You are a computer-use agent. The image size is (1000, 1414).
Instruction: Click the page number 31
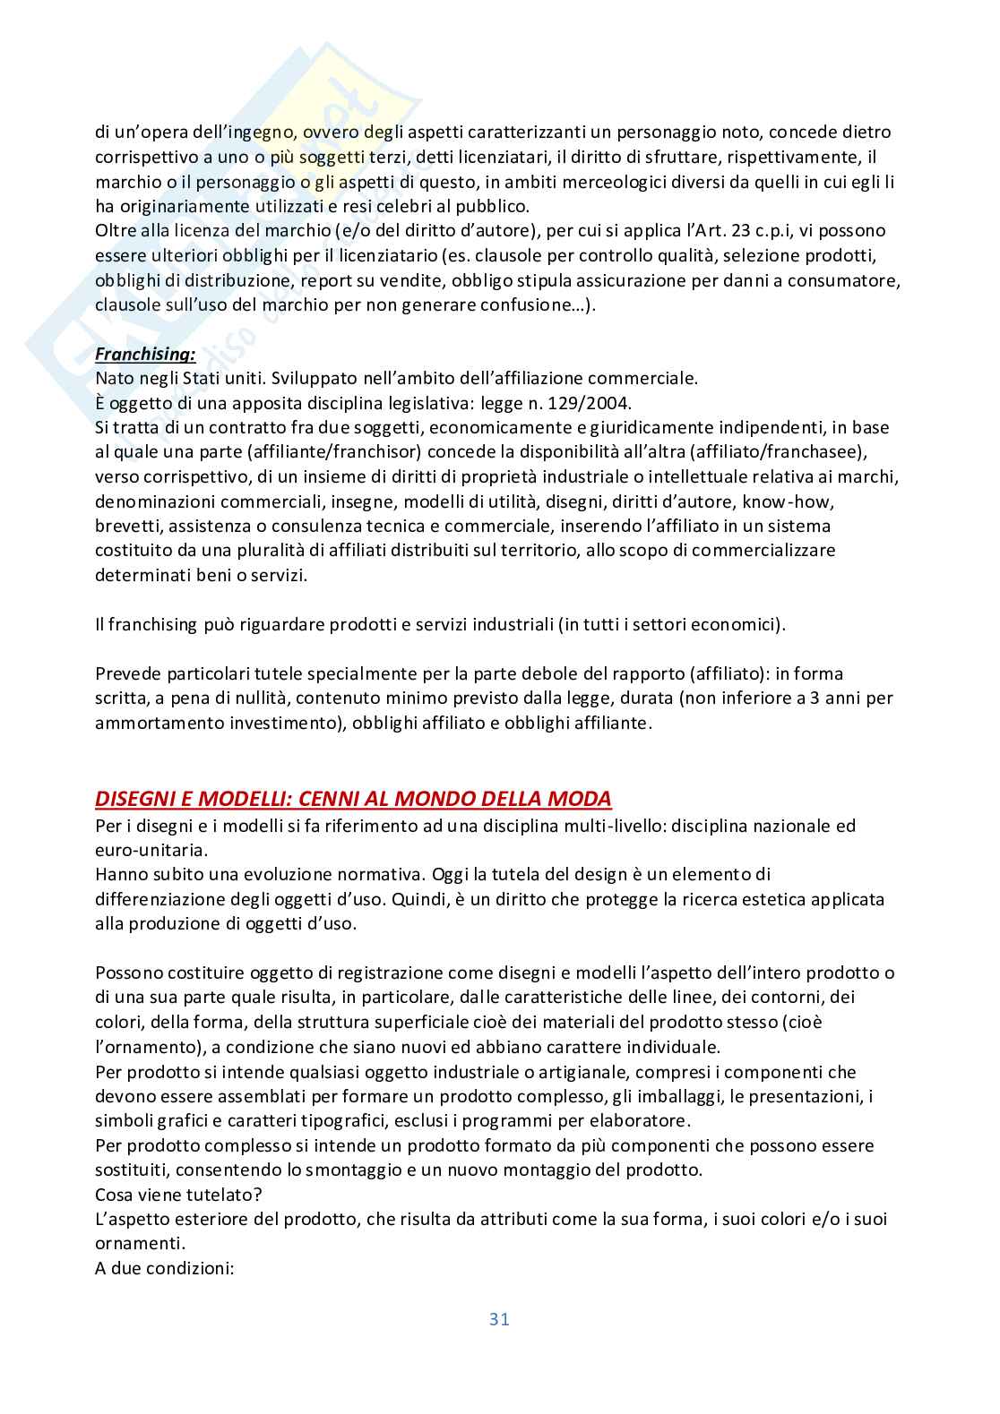click(x=499, y=1319)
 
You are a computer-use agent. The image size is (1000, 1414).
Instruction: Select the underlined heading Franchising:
click(x=145, y=354)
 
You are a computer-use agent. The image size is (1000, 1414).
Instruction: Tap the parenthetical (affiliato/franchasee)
click(x=763, y=452)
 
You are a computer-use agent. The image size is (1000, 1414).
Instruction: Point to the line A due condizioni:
click(x=164, y=1268)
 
